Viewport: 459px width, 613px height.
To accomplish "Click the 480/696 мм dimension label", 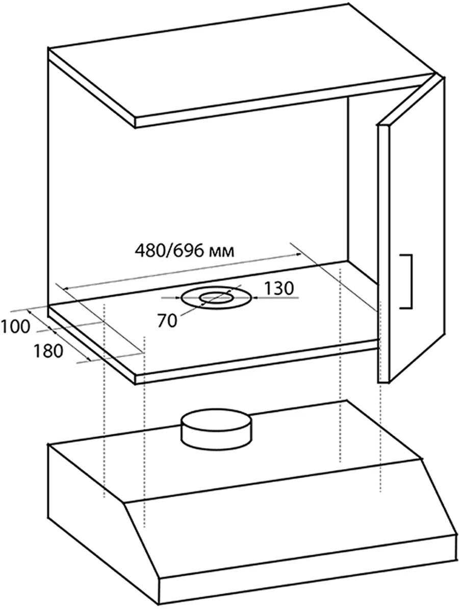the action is click(x=185, y=251).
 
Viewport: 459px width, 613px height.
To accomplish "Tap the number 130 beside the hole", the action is click(x=278, y=288).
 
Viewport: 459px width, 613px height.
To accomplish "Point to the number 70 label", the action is click(x=167, y=321).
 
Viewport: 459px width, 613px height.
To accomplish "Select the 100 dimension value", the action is click(x=15, y=326).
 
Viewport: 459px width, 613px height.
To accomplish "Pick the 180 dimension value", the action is click(x=48, y=351).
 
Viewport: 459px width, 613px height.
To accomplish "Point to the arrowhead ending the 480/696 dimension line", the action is click(x=299, y=254).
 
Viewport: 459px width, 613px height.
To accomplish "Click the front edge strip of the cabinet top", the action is click(x=284, y=101).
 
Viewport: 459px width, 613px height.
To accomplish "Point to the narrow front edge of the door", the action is click(x=383, y=253).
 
